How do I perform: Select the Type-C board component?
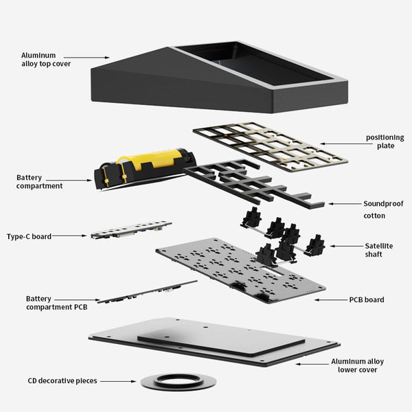pos(131,229)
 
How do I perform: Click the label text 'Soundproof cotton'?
pos(383,209)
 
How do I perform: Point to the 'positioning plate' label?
pos(385,141)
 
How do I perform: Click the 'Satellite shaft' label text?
pos(378,250)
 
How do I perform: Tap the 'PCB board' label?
pos(367,299)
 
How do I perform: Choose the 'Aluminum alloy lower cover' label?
pos(357,365)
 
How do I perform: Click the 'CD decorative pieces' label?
pos(62,380)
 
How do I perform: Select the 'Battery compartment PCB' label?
pos(56,303)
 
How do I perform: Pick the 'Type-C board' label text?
pos(29,236)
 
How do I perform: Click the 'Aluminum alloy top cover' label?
pos(46,60)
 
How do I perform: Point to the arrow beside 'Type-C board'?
pos(69,236)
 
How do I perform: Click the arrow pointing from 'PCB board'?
pos(331,300)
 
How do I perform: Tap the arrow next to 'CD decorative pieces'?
pos(118,381)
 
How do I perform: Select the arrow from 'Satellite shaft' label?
pos(346,247)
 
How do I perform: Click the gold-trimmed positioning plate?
pos(271,147)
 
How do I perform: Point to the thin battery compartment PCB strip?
pos(147,292)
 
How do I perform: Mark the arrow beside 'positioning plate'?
pos(343,144)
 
